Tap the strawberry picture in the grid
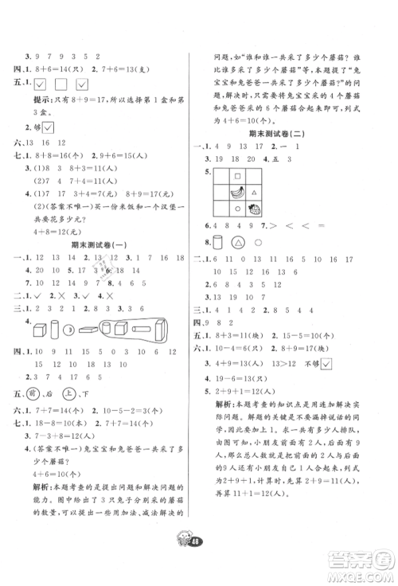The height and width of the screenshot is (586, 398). pyautogui.click(x=257, y=210)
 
